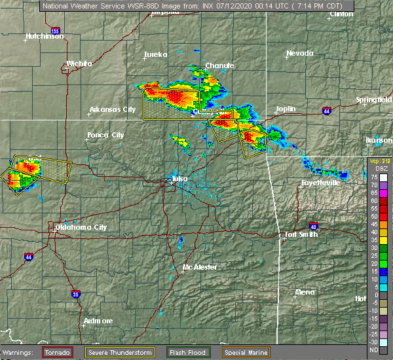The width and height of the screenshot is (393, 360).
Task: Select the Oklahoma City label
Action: [x=81, y=227]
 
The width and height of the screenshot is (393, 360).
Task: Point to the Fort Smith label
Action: [x=301, y=234]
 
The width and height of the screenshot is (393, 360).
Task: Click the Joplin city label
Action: [x=285, y=109]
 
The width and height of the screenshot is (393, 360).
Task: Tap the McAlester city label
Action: [x=200, y=267]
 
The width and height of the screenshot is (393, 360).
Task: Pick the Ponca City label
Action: [x=105, y=135]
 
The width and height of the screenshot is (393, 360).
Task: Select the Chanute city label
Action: [x=219, y=65]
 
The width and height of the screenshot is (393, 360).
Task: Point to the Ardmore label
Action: [x=98, y=321]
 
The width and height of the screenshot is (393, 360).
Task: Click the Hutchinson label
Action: [x=45, y=36]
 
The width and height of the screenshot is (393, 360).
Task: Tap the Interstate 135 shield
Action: [x=55, y=31]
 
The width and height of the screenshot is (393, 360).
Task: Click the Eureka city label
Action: [x=156, y=54]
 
